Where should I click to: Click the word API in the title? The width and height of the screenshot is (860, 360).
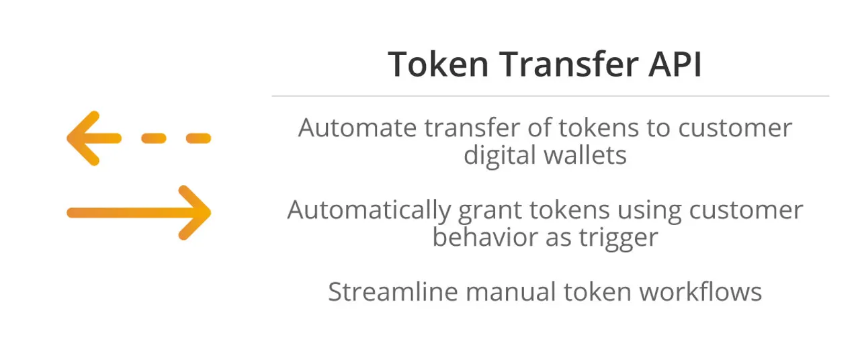pyautogui.click(x=675, y=64)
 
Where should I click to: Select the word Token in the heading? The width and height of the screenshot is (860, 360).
pyautogui.click(x=438, y=64)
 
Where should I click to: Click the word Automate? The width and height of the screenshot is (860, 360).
pyautogui.click(x=357, y=128)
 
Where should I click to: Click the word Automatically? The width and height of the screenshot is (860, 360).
pyautogui.click(x=369, y=211)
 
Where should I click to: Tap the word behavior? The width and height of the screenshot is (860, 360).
pyautogui.click(x=485, y=237)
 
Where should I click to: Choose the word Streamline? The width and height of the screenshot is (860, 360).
pyautogui.click(x=393, y=291)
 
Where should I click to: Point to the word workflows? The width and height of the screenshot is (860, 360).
pyautogui.click(x=700, y=291)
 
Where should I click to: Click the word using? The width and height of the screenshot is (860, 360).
pyautogui.click(x=649, y=212)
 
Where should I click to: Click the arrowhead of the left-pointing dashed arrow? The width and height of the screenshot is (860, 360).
pyautogui.click(x=83, y=138)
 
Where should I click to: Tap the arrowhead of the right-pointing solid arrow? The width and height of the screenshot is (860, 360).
pyautogui.click(x=195, y=213)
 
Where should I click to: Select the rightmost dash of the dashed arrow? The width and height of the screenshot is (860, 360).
pyautogui.click(x=198, y=138)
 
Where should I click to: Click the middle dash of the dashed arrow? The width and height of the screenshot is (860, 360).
pyautogui.click(x=154, y=138)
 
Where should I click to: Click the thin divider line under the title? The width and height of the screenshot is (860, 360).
pyautogui.click(x=550, y=96)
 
